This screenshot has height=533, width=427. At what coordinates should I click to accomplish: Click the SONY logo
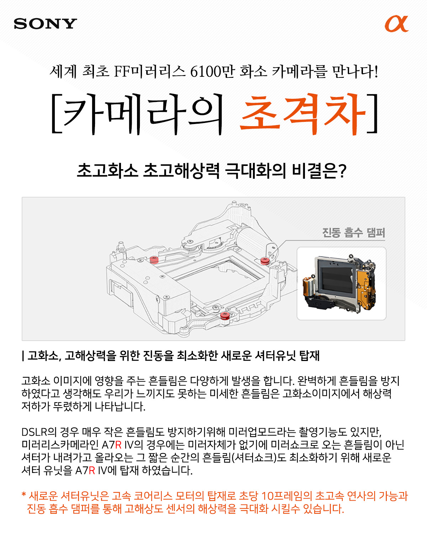click(45, 23)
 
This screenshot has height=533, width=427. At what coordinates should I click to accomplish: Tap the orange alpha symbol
click(396, 24)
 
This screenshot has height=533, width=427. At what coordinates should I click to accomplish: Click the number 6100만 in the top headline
click(212, 71)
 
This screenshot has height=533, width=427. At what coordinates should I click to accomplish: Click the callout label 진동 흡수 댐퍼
click(353, 233)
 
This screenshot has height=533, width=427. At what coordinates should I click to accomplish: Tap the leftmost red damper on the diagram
click(154, 260)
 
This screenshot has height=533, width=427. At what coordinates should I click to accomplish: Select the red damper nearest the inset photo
click(265, 261)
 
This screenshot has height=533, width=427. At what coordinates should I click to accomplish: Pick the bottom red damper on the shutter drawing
click(225, 316)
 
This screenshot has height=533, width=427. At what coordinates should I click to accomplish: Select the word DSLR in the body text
click(34, 432)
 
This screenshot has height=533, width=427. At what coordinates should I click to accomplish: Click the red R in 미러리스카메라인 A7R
click(118, 445)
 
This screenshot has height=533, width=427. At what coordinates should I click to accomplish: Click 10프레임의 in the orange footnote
click(286, 496)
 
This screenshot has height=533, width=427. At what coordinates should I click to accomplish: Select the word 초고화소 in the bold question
click(107, 171)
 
